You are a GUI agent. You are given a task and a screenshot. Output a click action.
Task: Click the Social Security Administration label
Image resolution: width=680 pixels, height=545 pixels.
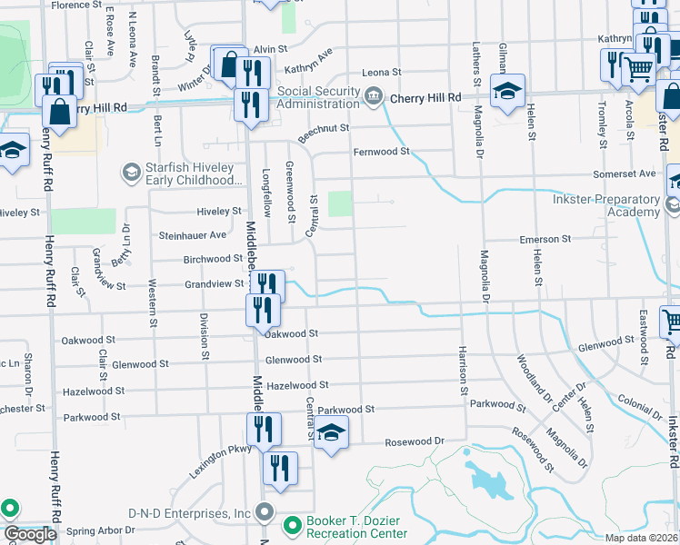(x=319, y=97)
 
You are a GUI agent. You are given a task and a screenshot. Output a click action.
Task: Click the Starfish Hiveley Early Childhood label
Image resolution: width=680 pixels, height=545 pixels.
(x=190, y=173)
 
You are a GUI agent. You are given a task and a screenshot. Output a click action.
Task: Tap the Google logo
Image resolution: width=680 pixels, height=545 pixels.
(x=30, y=535)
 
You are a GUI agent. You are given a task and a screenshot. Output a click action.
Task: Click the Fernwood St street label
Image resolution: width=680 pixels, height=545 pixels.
(x=382, y=152)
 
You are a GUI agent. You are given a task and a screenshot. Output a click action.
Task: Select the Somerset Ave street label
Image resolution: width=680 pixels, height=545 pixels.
(x=624, y=173)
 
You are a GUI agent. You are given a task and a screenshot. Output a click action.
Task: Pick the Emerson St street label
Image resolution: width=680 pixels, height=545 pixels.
(x=545, y=239)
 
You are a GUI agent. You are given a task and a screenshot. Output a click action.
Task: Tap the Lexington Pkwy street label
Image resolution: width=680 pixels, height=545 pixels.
(x=219, y=461)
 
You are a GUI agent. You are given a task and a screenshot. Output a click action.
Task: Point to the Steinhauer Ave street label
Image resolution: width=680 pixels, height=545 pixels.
(x=192, y=235)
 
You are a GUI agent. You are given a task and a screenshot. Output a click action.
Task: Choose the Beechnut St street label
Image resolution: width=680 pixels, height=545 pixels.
(x=324, y=128)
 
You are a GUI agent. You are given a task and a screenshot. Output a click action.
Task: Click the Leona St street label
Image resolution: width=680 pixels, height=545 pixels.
(x=381, y=72)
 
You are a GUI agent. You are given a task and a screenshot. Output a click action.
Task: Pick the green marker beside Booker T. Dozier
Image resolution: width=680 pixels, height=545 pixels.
(x=292, y=526)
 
